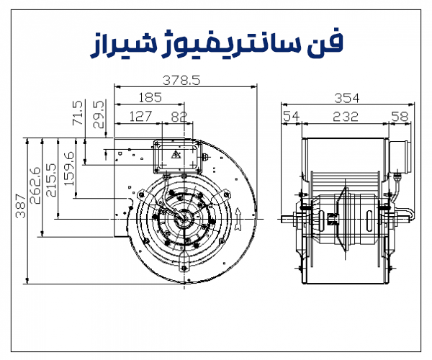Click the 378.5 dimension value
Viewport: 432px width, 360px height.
[181, 81]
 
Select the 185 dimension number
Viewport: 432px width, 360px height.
[150, 98]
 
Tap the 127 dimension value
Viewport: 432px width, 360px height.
[140, 117]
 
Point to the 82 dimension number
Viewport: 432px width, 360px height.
[179, 117]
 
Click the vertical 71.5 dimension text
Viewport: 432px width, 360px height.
[78, 113]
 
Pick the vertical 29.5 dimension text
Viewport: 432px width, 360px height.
[99, 114]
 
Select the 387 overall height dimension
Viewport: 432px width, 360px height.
[20, 206]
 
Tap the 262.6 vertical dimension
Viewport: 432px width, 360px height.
[35, 185]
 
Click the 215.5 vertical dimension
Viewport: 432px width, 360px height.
[51, 181]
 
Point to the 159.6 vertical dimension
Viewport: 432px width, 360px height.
[68, 168]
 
